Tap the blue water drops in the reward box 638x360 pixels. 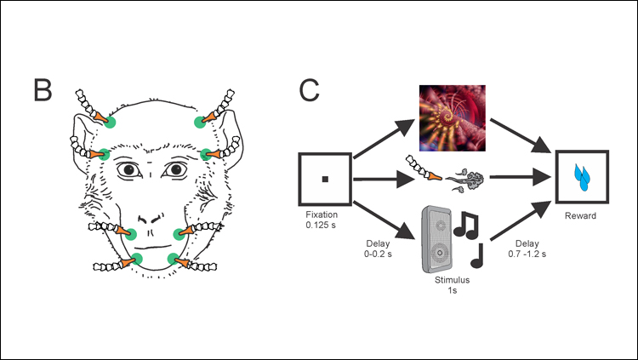(x=583, y=175)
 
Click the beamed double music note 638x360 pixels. (x=467, y=225)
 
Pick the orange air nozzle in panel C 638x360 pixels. (x=434, y=176)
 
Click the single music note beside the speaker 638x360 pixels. (x=477, y=253)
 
